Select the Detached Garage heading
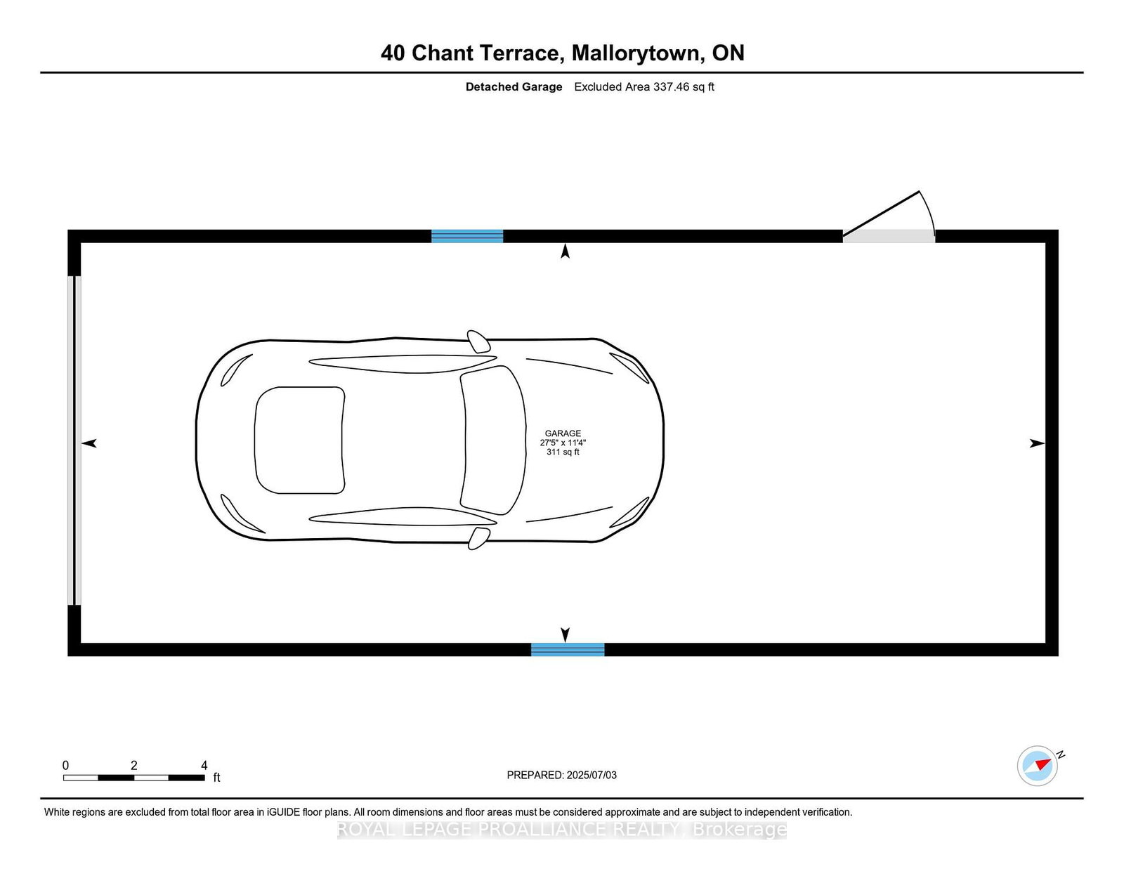(x=514, y=87)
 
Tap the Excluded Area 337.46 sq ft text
(x=644, y=87)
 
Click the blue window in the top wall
(x=467, y=236)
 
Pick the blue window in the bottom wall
(x=568, y=650)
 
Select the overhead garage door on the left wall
(x=74, y=440)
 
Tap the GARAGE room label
(x=563, y=433)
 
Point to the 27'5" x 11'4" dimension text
(x=563, y=443)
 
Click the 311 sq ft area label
(x=563, y=452)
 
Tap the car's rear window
(x=299, y=440)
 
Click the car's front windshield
(x=493, y=440)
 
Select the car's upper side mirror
(x=479, y=341)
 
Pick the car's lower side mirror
(x=478, y=539)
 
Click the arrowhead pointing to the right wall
(x=1037, y=443)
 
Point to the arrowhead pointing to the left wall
(x=89, y=443)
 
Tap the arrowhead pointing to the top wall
(x=565, y=251)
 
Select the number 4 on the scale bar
(x=204, y=766)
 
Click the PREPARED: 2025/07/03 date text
(x=562, y=775)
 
